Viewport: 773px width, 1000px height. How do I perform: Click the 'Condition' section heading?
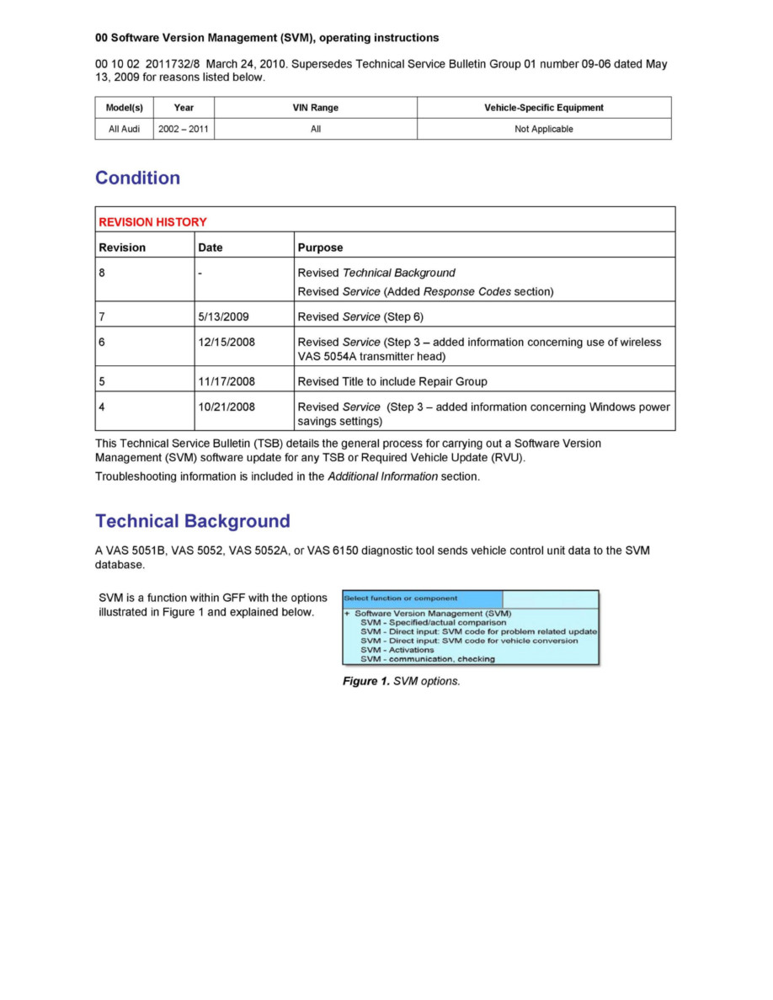(137, 178)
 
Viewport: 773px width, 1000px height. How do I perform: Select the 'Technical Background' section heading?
(192, 521)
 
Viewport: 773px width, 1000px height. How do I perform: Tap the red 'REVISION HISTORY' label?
(152, 222)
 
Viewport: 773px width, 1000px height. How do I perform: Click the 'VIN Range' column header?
(315, 108)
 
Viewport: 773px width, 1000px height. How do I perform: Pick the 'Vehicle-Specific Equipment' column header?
(544, 108)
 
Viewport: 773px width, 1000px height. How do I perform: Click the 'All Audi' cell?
(125, 129)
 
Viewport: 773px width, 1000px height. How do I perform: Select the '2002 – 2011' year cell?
(184, 129)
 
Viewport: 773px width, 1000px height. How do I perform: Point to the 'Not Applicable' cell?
(544, 129)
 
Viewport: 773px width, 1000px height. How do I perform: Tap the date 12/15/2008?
(227, 342)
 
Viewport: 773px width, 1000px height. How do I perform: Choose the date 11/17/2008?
(227, 381)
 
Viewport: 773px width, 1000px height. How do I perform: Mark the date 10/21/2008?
(227, 407)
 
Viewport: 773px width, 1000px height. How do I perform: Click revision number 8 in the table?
(102, 273)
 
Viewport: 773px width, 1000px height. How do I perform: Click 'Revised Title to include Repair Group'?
(392, 381)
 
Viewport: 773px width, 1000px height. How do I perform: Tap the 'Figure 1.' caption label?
(365, 681)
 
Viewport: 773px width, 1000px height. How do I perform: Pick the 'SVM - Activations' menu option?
(397, 650)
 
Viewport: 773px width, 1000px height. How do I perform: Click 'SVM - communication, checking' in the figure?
(427, 659)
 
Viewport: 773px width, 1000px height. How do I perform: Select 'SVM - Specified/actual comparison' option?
(433, 623)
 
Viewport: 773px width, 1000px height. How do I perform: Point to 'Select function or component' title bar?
(401, 598)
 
